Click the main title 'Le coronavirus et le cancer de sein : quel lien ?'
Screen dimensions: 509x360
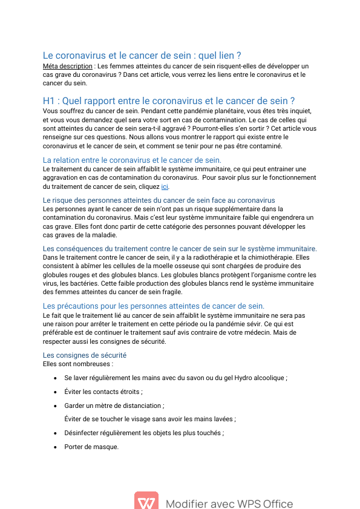[142, 55]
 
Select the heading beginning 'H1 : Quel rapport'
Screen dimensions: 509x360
[169, 100]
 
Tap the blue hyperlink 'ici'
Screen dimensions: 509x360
[165, 186]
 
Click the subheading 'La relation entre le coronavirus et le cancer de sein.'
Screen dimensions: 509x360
[132, 160]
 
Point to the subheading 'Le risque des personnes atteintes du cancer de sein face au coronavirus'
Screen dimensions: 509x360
[159, 200]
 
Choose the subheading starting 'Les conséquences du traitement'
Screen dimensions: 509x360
[180, 249]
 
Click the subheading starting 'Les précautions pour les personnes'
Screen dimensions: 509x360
[154, 306]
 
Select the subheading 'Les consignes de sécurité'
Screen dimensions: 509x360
[85, 355]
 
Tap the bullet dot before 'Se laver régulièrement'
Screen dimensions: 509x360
[55, 378]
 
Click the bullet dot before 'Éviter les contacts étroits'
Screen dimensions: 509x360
[55, 392]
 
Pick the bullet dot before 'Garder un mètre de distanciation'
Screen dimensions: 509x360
[55, 406]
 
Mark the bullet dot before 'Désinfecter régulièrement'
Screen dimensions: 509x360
[55, 433]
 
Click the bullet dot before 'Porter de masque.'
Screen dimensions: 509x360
[55, 447]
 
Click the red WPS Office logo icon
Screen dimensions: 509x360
[146, 502]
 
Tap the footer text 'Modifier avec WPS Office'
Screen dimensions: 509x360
[229, 504]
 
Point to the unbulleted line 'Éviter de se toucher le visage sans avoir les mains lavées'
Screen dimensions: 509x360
[149, 419]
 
